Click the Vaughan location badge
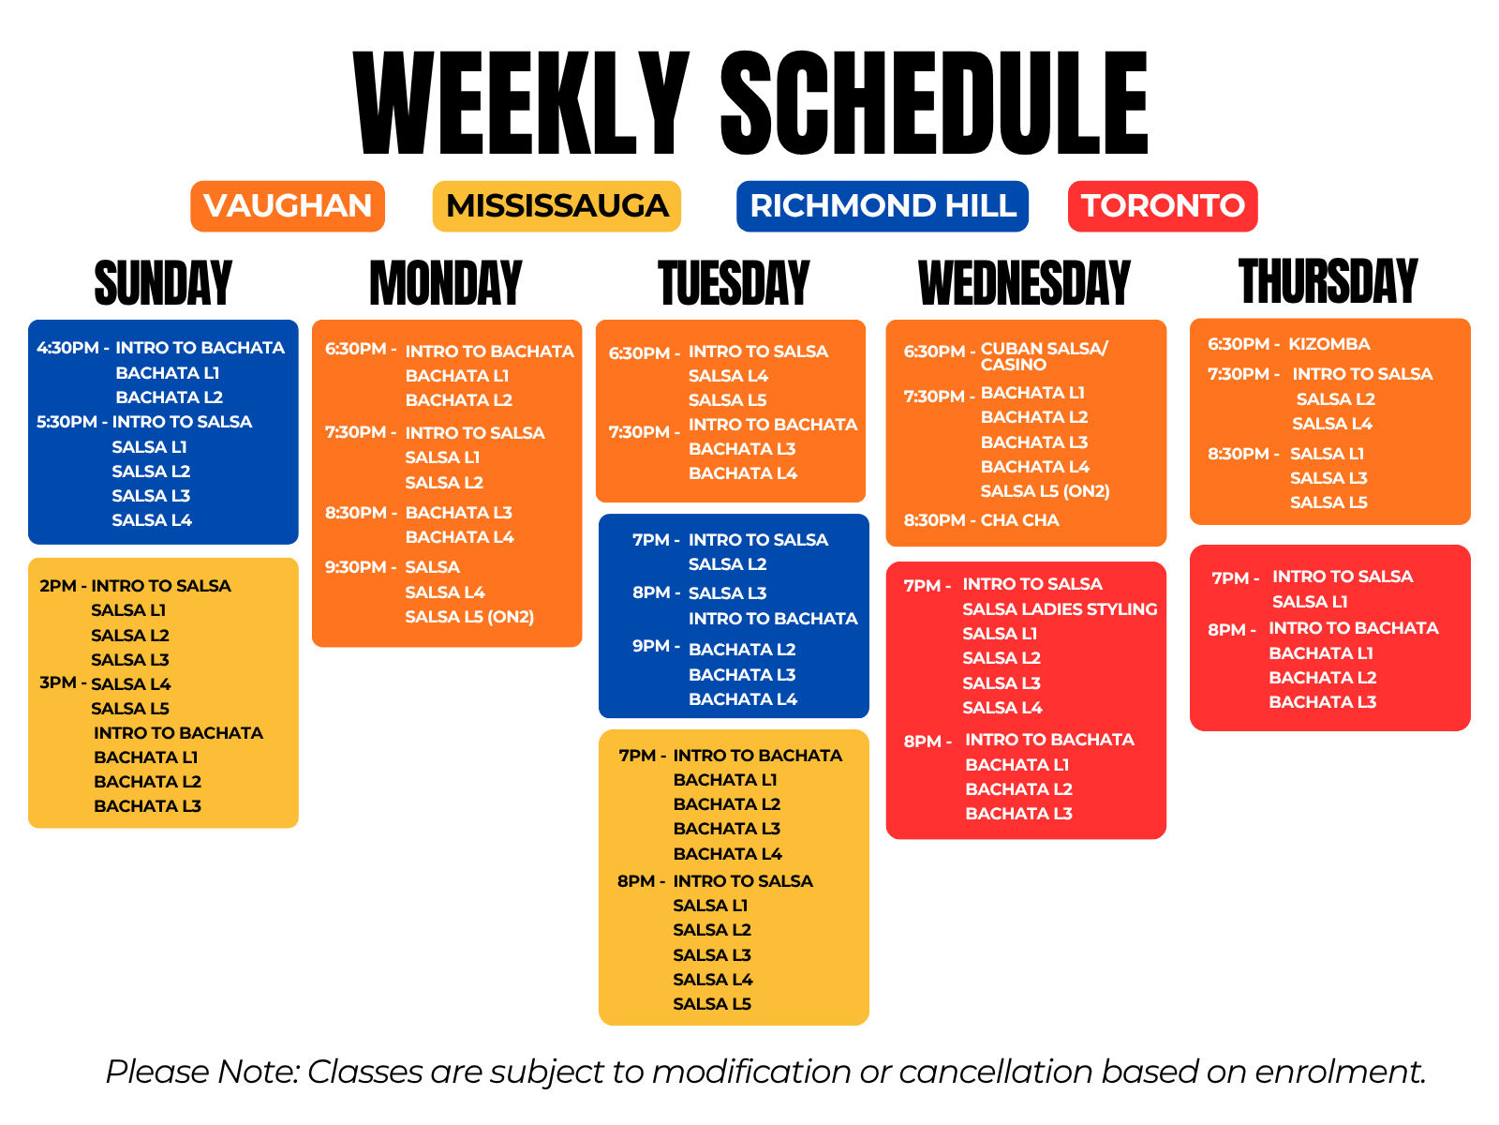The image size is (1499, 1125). coord(287,205)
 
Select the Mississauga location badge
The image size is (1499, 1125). coord(556,205)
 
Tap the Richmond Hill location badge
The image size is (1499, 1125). coord(882,205)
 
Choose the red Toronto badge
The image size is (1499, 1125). coord(1162,205)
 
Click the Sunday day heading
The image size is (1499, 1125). coord(163,282)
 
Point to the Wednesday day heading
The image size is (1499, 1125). coord(1024,282)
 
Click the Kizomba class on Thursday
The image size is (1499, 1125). coord(1328,343)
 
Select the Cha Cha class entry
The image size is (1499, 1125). coord(1019,519)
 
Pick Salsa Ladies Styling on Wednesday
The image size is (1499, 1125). coord(1060,608)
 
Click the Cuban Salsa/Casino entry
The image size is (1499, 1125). coord(1044,356)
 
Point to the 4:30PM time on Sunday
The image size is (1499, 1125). coord(67,347)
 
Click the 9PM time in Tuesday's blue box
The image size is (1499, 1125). coord(651,646)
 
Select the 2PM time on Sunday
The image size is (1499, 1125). coord(57,585)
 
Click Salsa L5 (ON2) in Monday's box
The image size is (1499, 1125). coord(469,617)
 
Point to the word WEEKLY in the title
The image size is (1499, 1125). coord(520,102)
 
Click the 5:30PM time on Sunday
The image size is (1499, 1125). coord(67,422)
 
